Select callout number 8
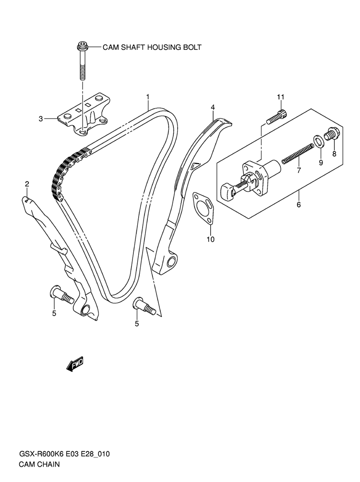[335, 153]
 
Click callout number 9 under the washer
[321, 162]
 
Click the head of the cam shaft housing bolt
[82, 47]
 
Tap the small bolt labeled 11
[277, 116]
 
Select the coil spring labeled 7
[297, 154]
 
